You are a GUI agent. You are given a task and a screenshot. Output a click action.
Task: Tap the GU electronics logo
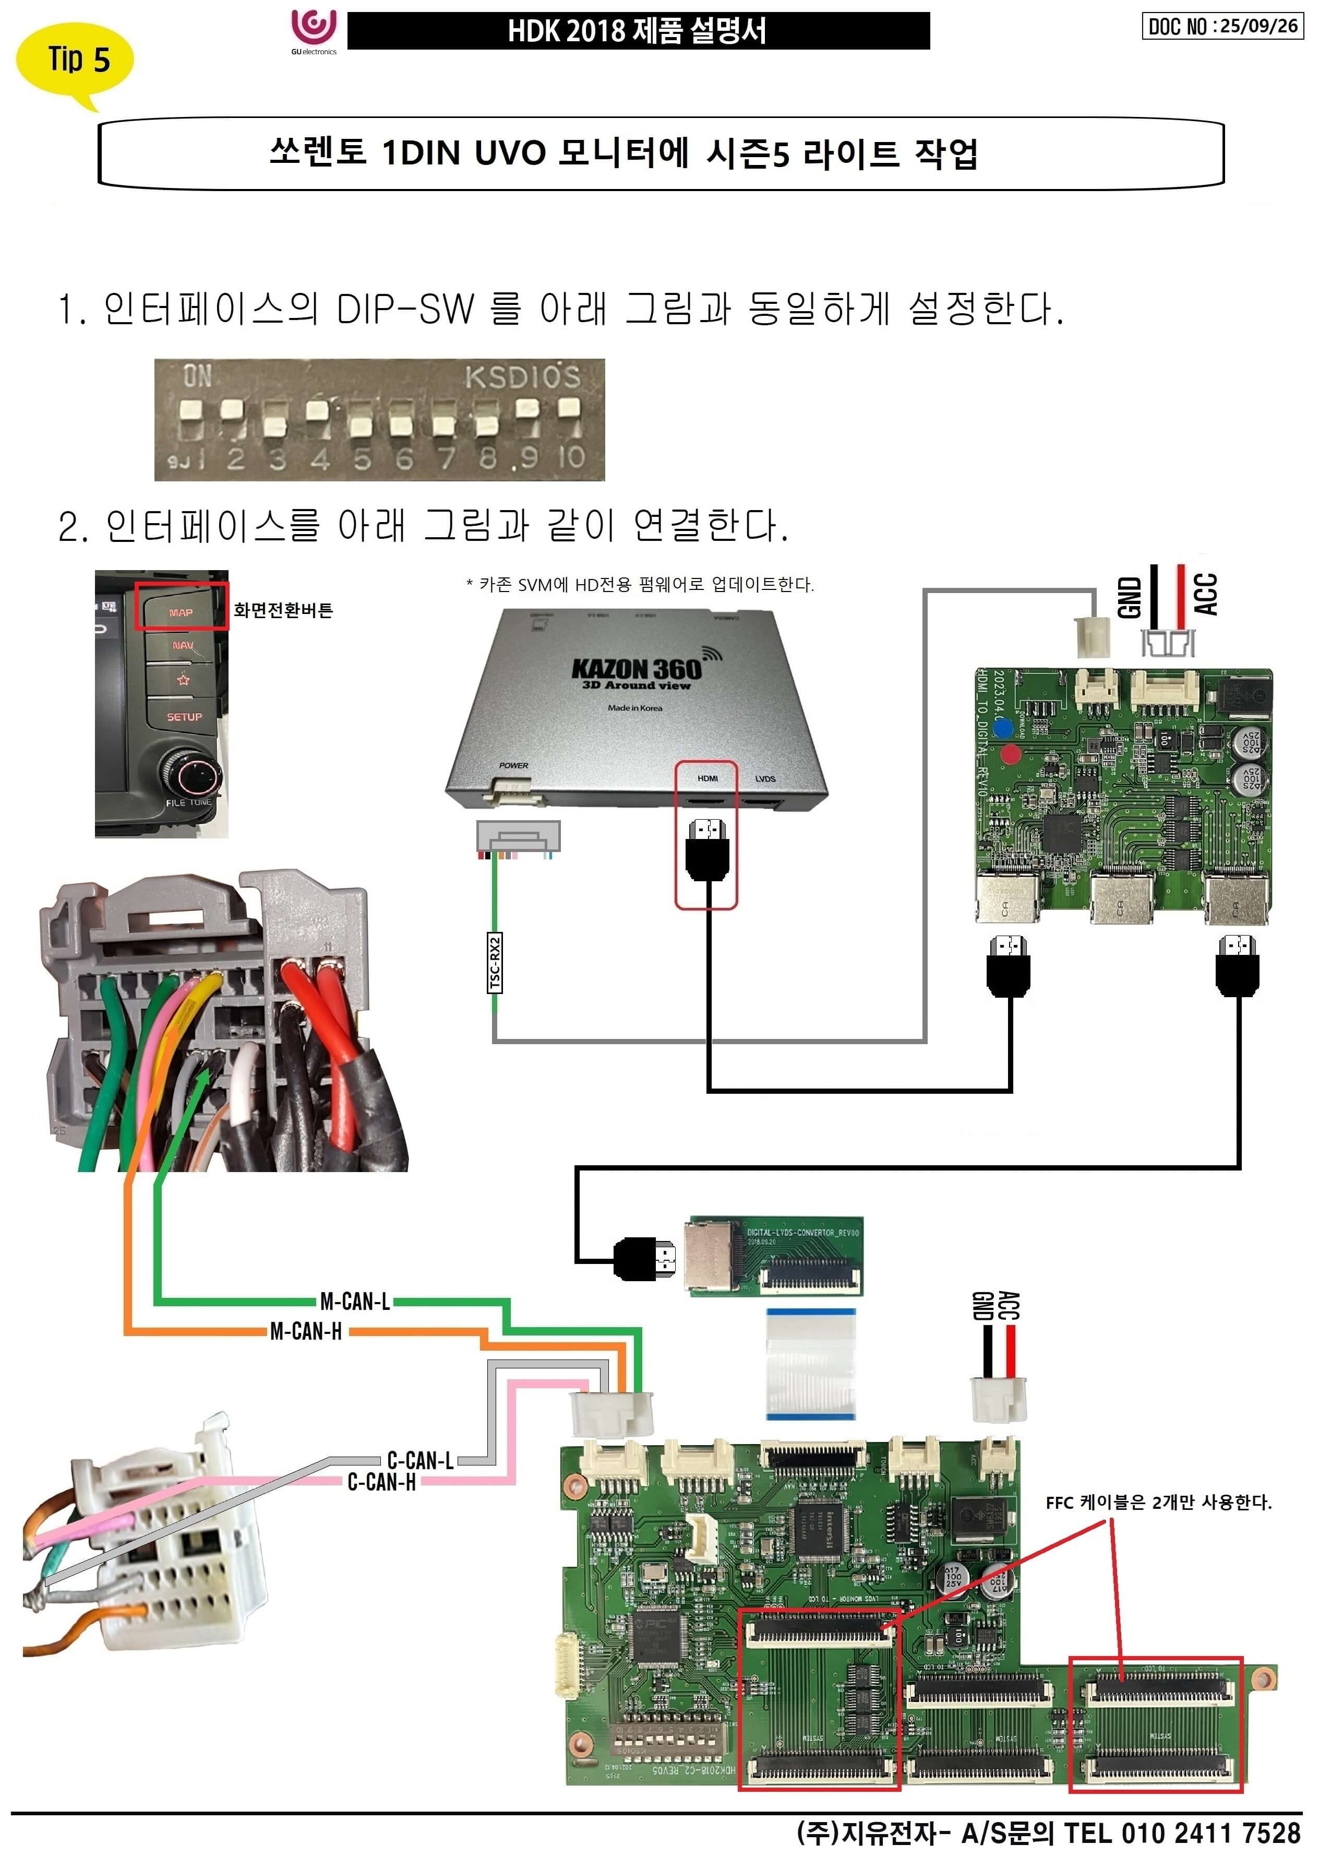[x=314, y=31]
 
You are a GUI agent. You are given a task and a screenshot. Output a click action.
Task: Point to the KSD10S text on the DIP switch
[x=522, y=377]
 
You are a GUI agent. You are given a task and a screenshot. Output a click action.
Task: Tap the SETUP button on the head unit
[x=184, y=717]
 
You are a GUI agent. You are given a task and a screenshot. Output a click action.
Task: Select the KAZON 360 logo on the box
[x=636, y=669]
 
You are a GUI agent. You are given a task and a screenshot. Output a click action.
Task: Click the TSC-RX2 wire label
[x=495, y=963]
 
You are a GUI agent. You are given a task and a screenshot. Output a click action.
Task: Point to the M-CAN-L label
[x=355, y=1302]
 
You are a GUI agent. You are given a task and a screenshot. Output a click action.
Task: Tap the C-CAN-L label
[x=420, y=1460]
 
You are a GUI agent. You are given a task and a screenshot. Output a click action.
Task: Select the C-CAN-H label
[x=382, y=1481]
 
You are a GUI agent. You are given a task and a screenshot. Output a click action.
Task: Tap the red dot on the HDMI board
[x=1010, y=754]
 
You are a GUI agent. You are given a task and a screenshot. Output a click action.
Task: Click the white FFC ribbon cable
[x=811, y=1364]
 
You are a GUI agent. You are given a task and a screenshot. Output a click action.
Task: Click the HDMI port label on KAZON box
[x=708, y=778]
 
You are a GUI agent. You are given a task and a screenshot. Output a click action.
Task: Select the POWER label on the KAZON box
[x=513, y=765]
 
